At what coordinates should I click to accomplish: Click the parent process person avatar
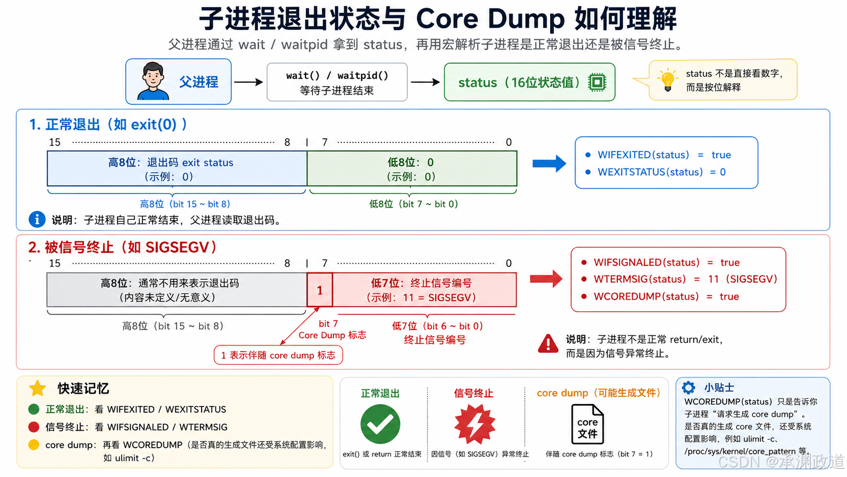tap(153, 81)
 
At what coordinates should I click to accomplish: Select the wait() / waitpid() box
tap(337, 82)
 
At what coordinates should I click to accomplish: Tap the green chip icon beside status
tap(597, 82)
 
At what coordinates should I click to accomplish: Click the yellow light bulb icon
tap(667, 80)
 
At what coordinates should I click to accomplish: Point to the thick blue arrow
tap(549, 163)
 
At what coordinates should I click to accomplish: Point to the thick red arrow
tap(546, 279)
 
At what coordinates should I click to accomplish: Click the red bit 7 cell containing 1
tap(320, 290)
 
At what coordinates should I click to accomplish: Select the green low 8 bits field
tap(412, 169)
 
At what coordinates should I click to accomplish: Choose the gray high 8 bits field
tap(177, 290)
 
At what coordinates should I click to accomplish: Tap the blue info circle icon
tap(37, 219)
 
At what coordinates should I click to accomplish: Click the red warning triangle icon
tap(548, 344)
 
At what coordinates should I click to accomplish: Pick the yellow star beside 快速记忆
tap(37, 388)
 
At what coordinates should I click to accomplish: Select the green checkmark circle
tap(380, 424)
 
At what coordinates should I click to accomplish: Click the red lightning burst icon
tap(475, 424)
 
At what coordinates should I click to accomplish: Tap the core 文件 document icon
tap(587, 424)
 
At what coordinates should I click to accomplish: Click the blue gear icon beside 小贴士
tap(688, 387)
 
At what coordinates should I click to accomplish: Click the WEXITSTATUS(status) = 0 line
tap(656, 172)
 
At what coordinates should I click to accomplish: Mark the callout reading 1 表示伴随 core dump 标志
tap(278, 355)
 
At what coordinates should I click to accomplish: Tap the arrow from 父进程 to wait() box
tap(248, 82)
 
